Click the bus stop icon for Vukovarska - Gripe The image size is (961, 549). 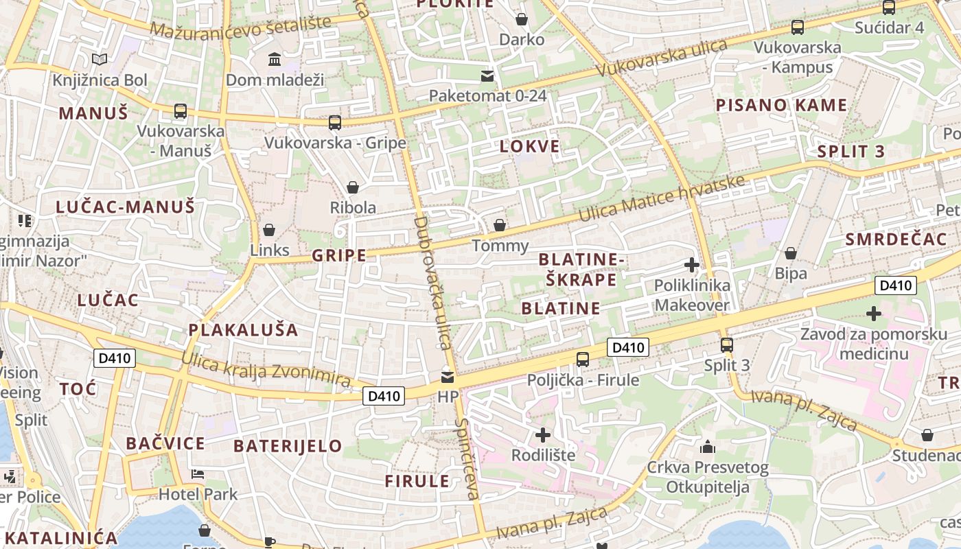pyautogui.click(x=335, y=123)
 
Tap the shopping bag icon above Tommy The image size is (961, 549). pyautogui.click(x=500, y=225)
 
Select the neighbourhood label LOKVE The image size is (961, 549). pyautogui.click(x=530, y=146)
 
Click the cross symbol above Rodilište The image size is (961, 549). pyautogui.click(x=543, y=434)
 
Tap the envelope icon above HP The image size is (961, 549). pyautogui.click(x=448, y=377)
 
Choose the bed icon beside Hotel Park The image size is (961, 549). pyautogui.click(x=198, y=474)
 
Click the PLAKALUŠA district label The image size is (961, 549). pyautogui.click(x=244, y=330)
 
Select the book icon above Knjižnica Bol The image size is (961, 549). pyautogui.click(x=100, y=60)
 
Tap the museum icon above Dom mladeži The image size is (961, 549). pyautogui.click(x=275, y=60)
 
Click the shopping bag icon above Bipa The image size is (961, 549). pyautogui.click(x=791, y=253)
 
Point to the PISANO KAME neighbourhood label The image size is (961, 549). pyautogui.click(x=781, y=106)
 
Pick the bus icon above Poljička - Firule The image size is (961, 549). pyautogui.click(x=583, y=359)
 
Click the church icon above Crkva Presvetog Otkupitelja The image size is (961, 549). pyautogui.click(x=708, y=447)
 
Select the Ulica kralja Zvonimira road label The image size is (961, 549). pyautogui.click(x=266, y=369)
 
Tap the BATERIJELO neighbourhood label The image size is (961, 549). pyautogui.click(x=288, y=446)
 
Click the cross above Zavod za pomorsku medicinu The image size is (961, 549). pyautogui.click(x=873, y=314)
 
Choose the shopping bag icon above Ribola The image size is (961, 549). pyautogui.click(x=353, y=187)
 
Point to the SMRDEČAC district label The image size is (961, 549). pyautogui.click(x=896, y=240)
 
